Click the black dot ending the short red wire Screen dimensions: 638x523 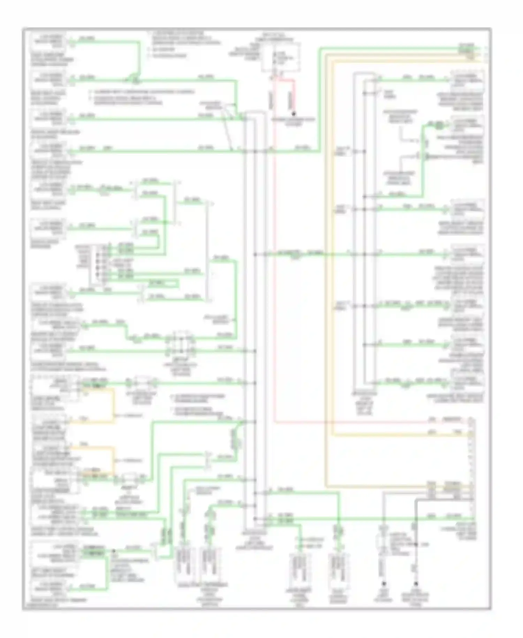294,114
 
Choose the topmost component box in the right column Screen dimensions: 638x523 467,80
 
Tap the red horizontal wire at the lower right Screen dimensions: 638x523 370,422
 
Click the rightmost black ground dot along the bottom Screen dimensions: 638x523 416,583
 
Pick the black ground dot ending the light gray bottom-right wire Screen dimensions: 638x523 384,583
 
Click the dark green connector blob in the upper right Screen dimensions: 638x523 440,124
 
